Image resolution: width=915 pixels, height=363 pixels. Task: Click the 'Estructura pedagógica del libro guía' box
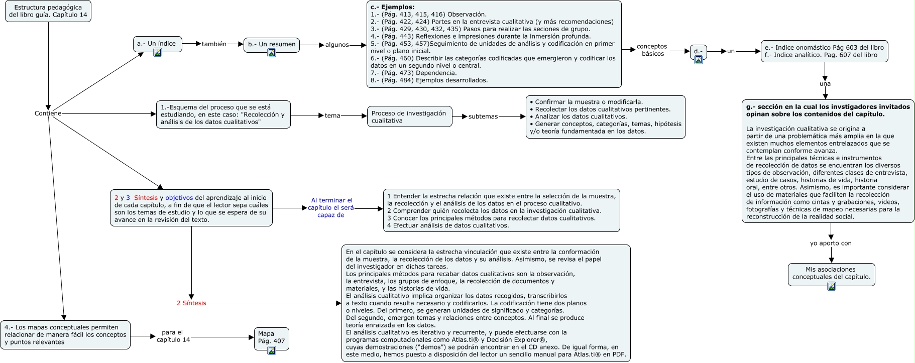[x=48, y=11]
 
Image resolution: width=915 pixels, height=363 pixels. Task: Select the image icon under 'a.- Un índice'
[x=158, y=52]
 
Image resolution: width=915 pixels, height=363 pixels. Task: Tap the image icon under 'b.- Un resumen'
[x=272, y=53]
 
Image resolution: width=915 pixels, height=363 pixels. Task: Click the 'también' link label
[x=214, y=44]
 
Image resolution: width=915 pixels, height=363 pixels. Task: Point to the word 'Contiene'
[x=48, y=113]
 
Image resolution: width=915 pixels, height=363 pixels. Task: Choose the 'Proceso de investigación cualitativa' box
[x=409, y=116]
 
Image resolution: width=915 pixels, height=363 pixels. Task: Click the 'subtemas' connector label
[x=483, y=116]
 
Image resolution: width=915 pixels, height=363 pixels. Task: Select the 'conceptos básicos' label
[x=652, y=50]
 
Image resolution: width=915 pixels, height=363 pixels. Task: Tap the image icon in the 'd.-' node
[x=698, y=60]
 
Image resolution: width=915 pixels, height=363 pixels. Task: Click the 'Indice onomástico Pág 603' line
[x=824, y=48]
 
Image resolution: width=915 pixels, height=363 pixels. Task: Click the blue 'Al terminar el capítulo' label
[x=331, y=207]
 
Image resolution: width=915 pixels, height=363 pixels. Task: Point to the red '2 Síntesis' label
[x=191, y=303]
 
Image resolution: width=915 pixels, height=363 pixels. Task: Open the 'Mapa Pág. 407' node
[x=271, y=337]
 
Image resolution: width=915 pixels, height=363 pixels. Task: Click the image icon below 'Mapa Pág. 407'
[x=272, y=350]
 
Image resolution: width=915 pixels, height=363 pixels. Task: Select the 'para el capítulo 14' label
[x=173, y=336]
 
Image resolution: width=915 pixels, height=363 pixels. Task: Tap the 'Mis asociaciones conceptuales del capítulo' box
[x=831, y=273]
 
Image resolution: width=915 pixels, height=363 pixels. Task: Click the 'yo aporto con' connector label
[x=831, y=243]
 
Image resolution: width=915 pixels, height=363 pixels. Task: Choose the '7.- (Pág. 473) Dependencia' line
[x=413, y=73]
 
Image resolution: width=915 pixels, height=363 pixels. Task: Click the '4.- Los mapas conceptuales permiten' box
[x=65, y=334]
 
